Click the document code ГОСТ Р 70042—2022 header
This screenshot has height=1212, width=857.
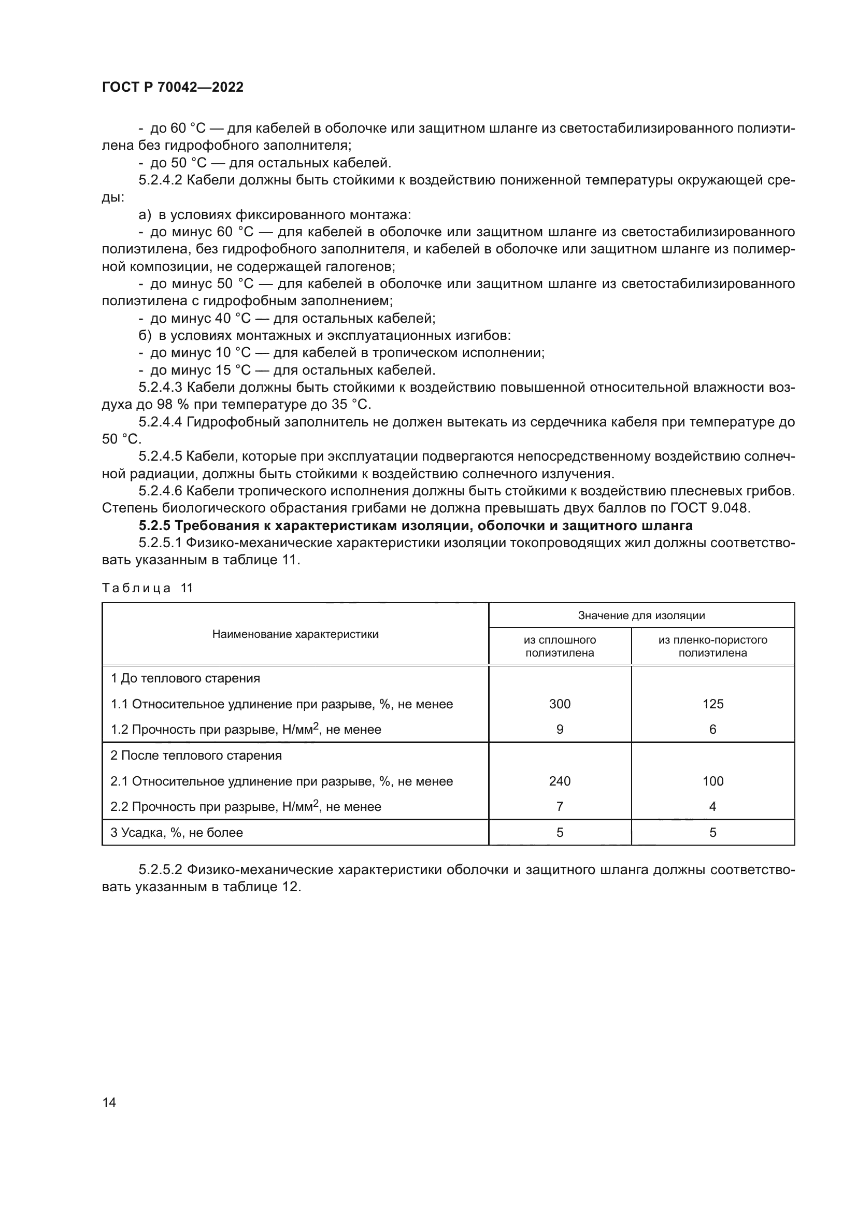[173, 87]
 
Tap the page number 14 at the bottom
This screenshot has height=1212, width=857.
[109, 1102]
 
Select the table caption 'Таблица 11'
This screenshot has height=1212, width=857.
[148, 588]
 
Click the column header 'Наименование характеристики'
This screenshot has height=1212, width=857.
[295, 634]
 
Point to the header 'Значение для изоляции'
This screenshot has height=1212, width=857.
[641, 615]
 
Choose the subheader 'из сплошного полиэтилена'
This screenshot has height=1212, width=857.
[560, 646]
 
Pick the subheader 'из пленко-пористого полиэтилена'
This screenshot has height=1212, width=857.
[712, 646]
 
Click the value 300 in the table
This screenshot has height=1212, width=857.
[560, 704]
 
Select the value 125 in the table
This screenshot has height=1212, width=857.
[712, 704]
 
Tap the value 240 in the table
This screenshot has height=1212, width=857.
[560, 781]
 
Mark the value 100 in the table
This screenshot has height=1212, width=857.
[712, 781]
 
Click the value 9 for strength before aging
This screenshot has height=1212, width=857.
[560, 729]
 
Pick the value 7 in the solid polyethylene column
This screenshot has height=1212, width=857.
[560, 806]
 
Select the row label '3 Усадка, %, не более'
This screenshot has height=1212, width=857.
[177, 833]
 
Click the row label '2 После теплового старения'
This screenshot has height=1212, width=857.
[196, 755]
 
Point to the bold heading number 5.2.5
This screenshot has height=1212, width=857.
[154, 526]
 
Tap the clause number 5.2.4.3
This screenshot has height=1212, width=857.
[160, 388]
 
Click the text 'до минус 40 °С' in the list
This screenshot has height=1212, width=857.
[201, 318]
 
